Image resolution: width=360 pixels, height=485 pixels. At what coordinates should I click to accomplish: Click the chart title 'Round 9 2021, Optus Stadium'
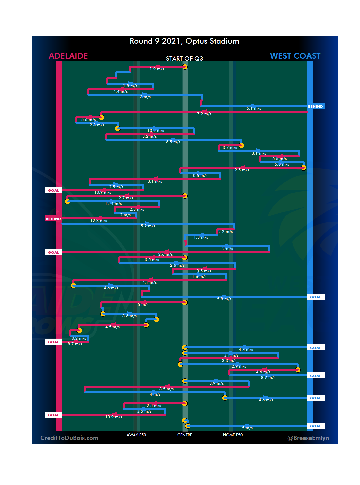coord(184,41)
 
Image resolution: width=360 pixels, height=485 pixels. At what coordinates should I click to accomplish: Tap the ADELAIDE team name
coord(68,56)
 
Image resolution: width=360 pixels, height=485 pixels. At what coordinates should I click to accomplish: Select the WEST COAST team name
coord(295,56)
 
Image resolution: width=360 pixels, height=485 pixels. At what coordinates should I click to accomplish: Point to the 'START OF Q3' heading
coord(184,59)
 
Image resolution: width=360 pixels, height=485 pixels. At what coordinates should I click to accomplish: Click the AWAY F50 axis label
coord(136,435)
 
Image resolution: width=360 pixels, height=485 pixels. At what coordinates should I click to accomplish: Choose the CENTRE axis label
coord(185,435)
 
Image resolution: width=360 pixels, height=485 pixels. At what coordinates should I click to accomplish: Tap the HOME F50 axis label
coord(233,435)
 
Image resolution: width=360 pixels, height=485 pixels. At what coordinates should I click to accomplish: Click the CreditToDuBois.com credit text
coord(69,438)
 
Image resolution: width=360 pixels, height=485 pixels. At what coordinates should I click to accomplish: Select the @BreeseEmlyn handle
coord(308,438)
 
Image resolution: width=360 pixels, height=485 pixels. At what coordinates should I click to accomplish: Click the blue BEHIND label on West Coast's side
coord(315,107)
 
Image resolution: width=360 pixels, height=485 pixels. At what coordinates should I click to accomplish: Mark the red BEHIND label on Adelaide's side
coord(53,219)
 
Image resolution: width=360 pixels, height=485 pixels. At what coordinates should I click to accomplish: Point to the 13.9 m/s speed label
coord(114,417)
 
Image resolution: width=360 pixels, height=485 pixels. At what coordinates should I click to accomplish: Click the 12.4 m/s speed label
coord(113,204)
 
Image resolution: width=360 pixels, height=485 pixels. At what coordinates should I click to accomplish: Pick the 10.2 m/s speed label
coord(156,131)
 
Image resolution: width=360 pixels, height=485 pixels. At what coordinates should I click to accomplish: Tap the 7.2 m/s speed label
coord(204,114)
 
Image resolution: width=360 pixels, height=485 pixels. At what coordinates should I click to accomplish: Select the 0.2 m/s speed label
coord(79,338)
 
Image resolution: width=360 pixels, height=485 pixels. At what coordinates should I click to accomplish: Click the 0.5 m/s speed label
coord(200,176)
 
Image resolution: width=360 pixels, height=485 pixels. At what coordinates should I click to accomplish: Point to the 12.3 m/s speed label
coord(99,221)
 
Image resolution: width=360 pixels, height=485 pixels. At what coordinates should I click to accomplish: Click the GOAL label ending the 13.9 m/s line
coord(53,415)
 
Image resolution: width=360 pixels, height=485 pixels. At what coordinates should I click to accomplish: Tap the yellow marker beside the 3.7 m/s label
coord(241,145)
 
